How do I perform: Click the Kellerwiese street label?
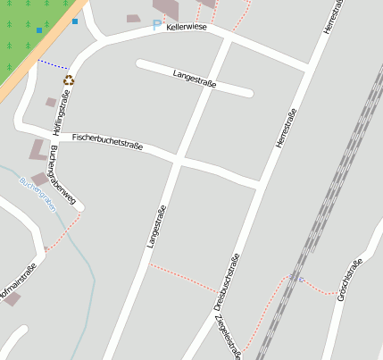187,29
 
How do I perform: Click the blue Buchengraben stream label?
37,193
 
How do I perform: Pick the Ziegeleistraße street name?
232,338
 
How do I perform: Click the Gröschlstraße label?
349,279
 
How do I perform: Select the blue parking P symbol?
158,24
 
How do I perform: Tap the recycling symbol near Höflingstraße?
68,80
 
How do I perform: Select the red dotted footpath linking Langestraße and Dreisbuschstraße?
183,278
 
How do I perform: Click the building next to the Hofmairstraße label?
12,298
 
